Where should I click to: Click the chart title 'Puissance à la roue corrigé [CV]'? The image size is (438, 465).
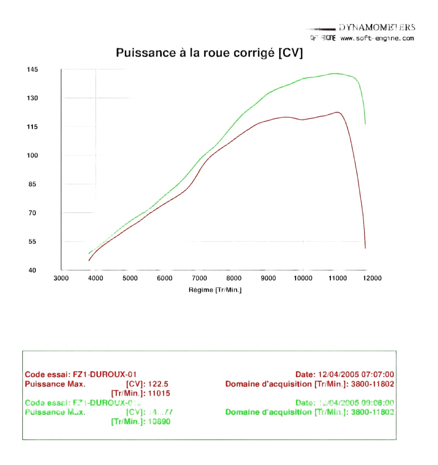tap(209, 53)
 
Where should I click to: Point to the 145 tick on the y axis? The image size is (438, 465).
tap(32, 69)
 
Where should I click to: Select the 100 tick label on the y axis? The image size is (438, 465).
tap(32, 155)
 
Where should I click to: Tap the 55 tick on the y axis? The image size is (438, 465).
tap(32, 242)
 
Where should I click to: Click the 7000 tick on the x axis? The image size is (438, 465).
tap(199, 278)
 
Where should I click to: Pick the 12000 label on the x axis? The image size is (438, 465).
tap(372, 278)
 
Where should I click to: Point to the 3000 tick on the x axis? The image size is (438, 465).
tap(61, 278)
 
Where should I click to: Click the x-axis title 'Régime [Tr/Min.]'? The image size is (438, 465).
tap(215, 290)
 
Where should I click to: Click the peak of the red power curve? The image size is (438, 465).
tap(337, 112)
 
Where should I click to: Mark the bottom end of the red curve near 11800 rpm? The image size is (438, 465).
tap(365, 248)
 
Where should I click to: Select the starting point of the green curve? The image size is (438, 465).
tap(89, 253)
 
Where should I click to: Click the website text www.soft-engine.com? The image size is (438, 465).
tap(377, 38)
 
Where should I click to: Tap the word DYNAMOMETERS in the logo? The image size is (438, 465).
tap(377, 27)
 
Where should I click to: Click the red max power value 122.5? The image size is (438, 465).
tap(158, 384)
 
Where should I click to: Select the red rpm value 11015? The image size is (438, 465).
tap(159, 393)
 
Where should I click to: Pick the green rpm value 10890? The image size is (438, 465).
tap(159, 421)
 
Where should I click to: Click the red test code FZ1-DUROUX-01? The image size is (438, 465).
tap(105, 375)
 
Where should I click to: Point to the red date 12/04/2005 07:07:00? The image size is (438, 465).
tap(356, 375)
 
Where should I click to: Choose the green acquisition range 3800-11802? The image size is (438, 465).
tap(372, 412)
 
